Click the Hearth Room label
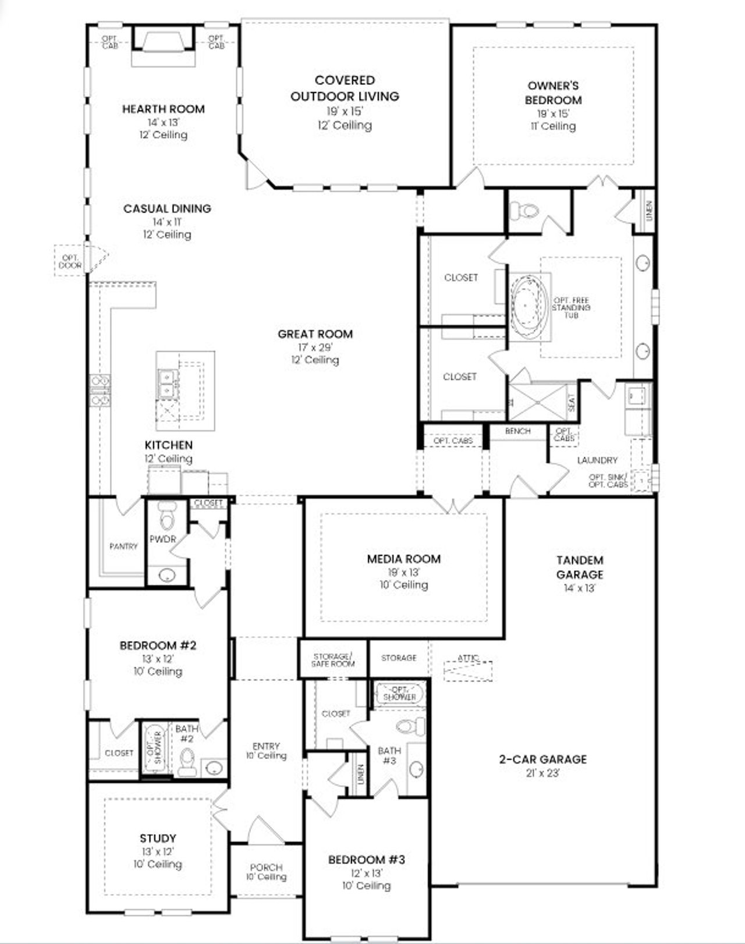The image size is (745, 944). [x=163, y=109]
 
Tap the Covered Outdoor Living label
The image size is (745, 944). [x=345, y=88]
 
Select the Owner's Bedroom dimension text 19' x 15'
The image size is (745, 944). [x=553, y=113]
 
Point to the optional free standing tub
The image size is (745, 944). [x=528, y=304]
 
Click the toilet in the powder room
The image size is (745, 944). [x=167, y=514]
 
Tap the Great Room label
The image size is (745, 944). [x=315, y=334]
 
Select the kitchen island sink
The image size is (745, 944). [x=167, y=384]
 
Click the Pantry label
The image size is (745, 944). [x=123, y=546]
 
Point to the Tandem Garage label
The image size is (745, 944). [x=580, y=567]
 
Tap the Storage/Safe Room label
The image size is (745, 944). [x=333, y=660]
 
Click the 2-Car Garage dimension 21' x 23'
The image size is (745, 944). [x=542, y=773]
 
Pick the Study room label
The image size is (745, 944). [x=158, y=839]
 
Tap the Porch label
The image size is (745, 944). [x=266, y=867]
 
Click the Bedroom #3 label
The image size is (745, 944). [x=366, y=860]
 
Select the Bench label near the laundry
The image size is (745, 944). [x=517, y=431]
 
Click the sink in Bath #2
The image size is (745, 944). [x=214, y=768]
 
